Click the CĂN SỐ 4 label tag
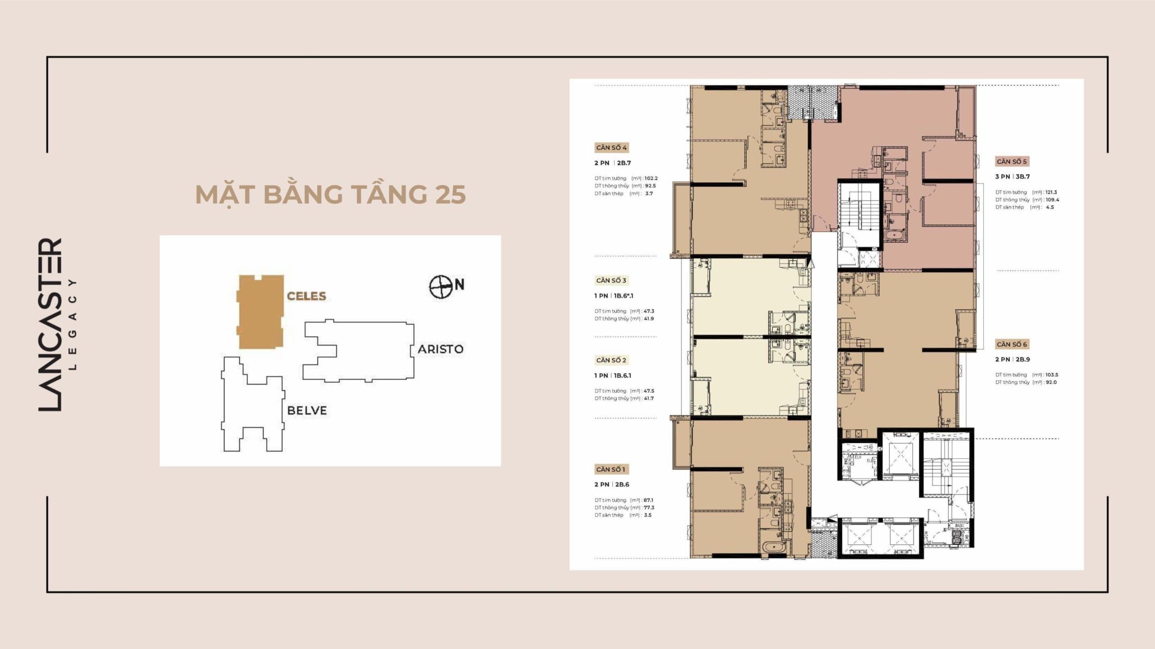click(611, 148)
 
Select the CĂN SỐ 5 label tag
click(1012, 161)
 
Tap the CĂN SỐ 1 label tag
click(610, 469)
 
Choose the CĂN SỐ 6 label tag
click(1012, 344)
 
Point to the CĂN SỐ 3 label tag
click(611, 280)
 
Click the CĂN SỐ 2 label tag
click(611, 360)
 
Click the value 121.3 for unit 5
click(1051, 192)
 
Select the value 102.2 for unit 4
click(651, 178)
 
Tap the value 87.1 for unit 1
click(648, 500)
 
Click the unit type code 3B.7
click(1022, 177)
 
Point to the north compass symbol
click(440, 287)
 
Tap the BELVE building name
click(307, 411)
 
